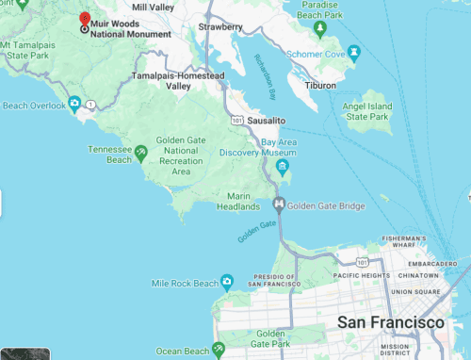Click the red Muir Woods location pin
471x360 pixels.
pos(85,20)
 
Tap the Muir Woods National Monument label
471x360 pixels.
pos(130,28)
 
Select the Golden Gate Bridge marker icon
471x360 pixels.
pos(279,205)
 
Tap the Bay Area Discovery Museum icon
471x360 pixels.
pos(282,168)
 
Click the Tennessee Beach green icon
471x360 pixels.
pos(140,152)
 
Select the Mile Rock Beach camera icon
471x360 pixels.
pos(226,282)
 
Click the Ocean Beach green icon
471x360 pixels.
pos(218,349)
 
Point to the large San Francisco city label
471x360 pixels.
pos(391,323)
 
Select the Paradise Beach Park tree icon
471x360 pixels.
pos(319,28)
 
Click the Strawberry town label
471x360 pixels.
pos(222,27)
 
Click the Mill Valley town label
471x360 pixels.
pos(153,7)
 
